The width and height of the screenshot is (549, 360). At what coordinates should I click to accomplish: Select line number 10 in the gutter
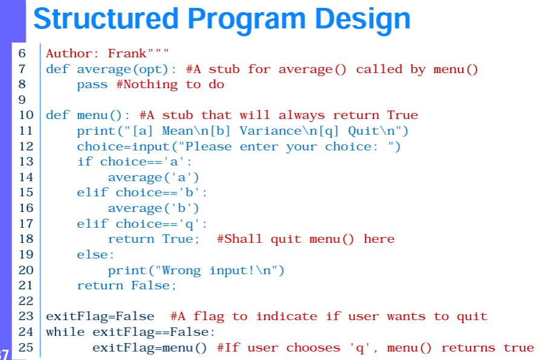[26, 115]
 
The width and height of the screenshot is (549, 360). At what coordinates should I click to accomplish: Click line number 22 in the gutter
[26, 301]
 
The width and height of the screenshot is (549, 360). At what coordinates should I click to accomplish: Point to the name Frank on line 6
[127, 54]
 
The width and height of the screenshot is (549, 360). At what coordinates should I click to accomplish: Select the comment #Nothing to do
[170, 85]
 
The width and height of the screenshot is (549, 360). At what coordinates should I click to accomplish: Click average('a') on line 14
[153, 177]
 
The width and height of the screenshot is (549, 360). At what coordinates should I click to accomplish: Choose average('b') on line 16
[153, 208]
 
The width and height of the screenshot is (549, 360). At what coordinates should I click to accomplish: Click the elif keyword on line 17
[92, 224]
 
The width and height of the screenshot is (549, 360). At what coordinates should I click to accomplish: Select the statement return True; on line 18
[153, 239]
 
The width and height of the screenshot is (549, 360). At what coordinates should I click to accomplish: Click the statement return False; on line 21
[126, 286]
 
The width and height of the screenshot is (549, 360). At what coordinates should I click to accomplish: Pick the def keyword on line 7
[57, 69]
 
